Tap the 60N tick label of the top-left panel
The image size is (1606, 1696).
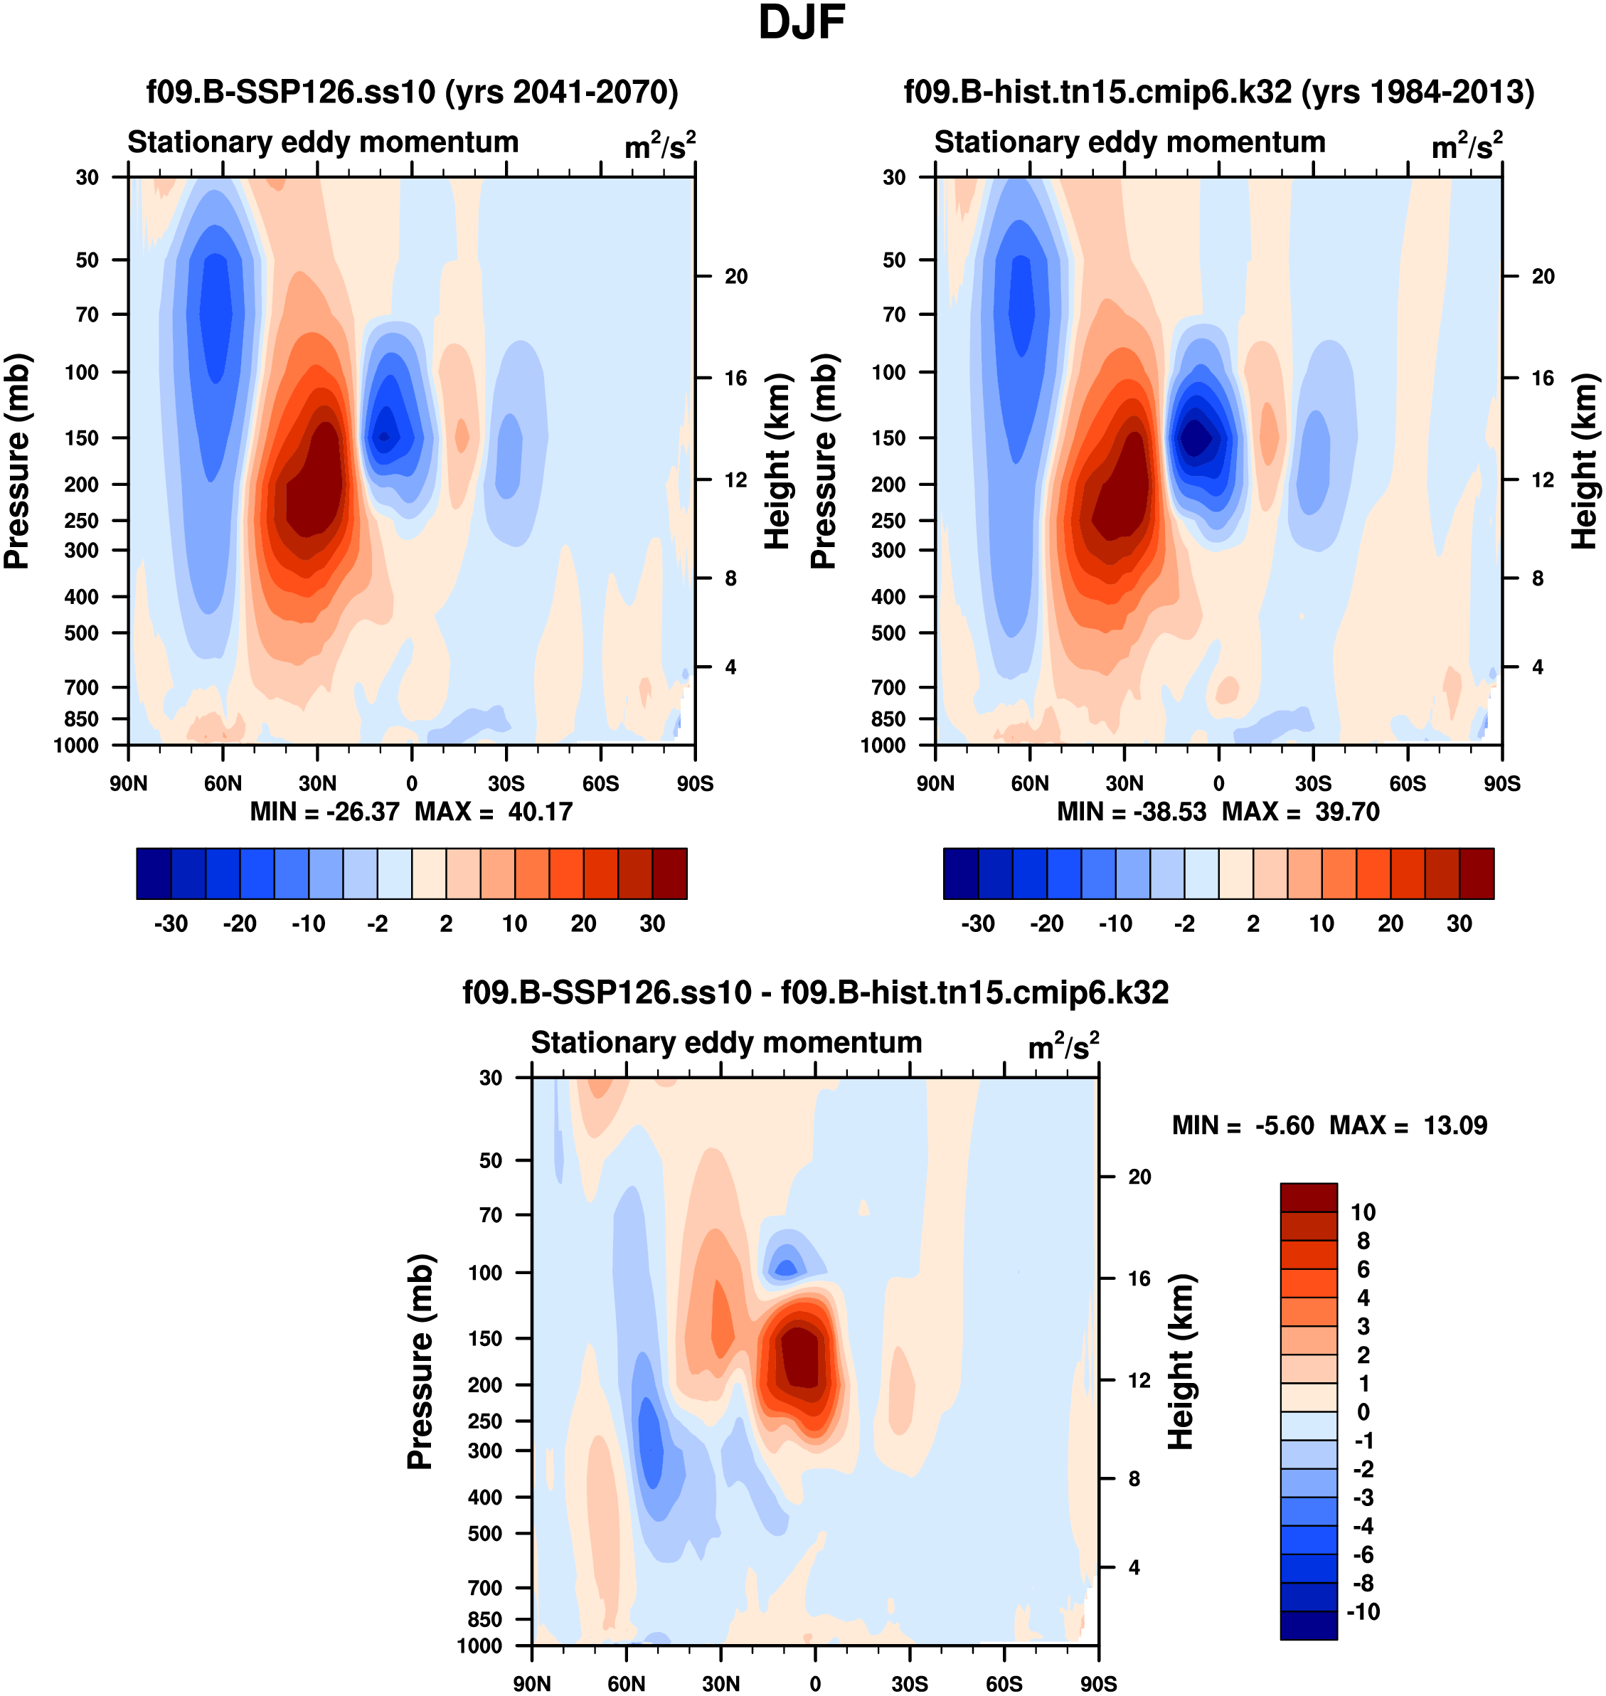(223, 783)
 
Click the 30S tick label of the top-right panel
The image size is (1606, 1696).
(1313, 783)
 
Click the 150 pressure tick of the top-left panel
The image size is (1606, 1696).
(83, 438)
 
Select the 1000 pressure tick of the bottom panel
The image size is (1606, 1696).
(479, 1645)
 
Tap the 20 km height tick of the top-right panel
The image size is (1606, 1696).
(1543, 277)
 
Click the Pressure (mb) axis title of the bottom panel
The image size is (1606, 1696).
(420, 1361)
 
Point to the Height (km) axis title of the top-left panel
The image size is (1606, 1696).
(777, 462)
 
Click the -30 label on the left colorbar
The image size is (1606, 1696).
(171, 924)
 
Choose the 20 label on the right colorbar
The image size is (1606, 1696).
(1390, 924)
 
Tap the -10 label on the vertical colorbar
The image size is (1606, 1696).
(1363, 1612)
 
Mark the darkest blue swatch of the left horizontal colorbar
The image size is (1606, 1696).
(154, 874)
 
